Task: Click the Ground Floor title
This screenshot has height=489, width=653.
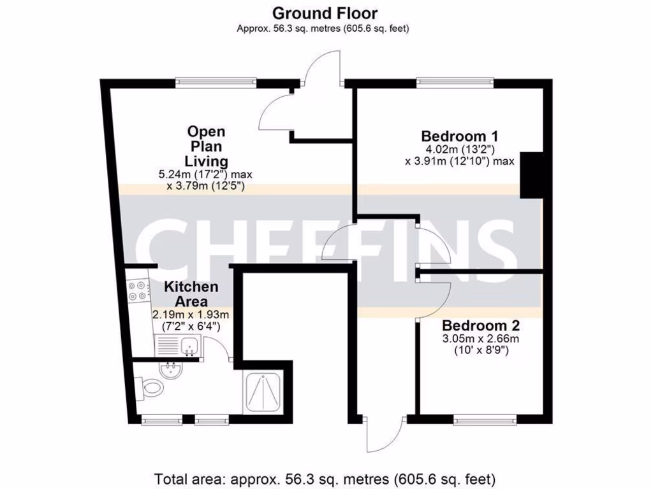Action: [325, 13]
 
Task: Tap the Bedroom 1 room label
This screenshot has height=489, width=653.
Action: [459, 136]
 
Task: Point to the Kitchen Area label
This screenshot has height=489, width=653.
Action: [191, 294]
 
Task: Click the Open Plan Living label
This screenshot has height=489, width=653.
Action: [206, 146]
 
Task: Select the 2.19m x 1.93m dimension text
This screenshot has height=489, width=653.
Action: [191, 315]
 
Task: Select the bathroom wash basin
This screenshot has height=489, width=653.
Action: [170, 369]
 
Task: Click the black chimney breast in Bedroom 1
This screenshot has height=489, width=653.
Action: [531, 175]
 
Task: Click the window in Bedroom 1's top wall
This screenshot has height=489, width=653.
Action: [455, 82]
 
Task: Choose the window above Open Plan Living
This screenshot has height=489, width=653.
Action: [217, 82]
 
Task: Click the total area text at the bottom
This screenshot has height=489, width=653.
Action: [325, 478]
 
